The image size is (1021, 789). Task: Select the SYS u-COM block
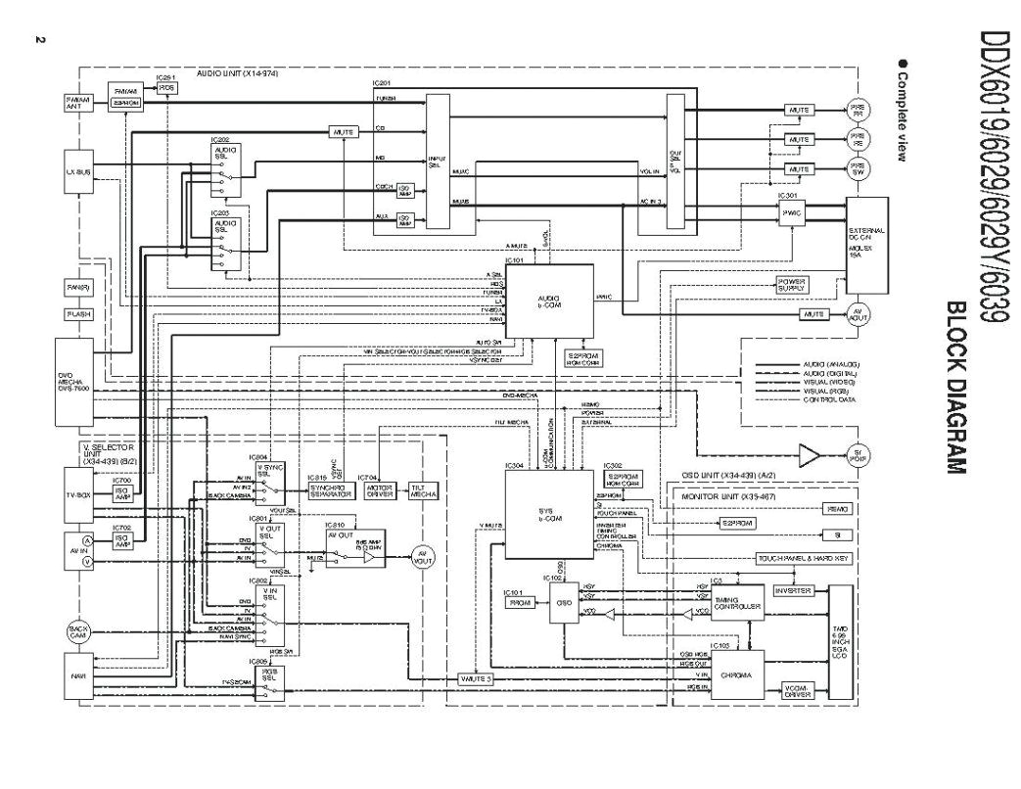[548, 514]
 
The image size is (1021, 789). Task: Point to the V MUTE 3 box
[476, 678]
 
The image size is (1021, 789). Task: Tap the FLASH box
[79, 314]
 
